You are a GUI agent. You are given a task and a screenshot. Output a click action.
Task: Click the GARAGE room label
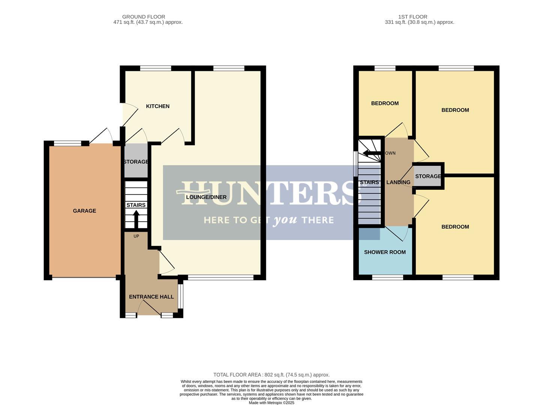[x=84, y=211]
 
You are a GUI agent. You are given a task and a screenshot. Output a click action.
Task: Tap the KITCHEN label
[x=157, y=106]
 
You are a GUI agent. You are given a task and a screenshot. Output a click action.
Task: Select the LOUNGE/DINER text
[x=206, y=197]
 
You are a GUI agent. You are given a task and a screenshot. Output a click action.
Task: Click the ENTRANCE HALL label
[x=151, y=297]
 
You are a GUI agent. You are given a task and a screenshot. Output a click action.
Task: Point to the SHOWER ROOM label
[x=385, y=252]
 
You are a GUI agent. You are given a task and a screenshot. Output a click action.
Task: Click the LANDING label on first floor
[x=398, y=182]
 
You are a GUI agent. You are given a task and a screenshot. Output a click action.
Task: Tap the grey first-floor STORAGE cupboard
[x=428, y=176]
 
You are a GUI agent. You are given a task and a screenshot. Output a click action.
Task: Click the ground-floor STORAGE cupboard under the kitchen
[x=136, y=162]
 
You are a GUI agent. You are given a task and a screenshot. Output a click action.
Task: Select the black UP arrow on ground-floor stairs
[x=136, y=219]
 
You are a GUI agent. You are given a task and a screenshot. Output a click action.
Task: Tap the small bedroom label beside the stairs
[x=385, y=103]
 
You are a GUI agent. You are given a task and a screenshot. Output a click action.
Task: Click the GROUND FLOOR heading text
[x=144, y=16]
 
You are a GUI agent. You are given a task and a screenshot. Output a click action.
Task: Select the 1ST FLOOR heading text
[x=412, y=16]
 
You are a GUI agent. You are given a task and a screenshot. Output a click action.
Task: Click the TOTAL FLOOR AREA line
[x=271, y=375]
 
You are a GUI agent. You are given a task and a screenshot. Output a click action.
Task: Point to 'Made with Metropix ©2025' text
[x=271, y=403]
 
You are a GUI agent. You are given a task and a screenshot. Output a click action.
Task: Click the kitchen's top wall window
[x=156, y=68]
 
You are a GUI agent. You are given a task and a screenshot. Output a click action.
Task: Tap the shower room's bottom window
[x=388, y=277]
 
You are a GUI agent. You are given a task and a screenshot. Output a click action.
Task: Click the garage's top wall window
[x=68, y=143]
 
